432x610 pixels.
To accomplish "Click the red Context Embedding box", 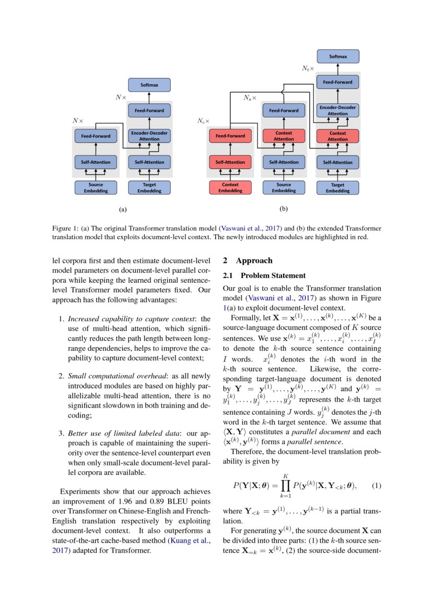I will [230, 187].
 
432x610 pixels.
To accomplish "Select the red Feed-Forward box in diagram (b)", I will [230, 136].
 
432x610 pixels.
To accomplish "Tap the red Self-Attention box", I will [230, 162].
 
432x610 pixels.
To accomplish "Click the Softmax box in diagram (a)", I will [149, 85].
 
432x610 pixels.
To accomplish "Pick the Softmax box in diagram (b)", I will [337, 56].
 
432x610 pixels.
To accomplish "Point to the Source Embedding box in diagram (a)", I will [96, 187].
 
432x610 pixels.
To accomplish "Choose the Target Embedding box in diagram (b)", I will [337, 187].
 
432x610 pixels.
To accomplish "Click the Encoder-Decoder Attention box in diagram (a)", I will [149, 136].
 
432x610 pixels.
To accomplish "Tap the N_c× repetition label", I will [203, 121].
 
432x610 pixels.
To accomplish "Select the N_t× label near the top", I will [308, 68].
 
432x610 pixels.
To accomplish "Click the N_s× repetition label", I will [250, 98].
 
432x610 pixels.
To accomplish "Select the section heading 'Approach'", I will [253, 260].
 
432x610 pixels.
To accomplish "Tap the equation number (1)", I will [376, 485].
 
